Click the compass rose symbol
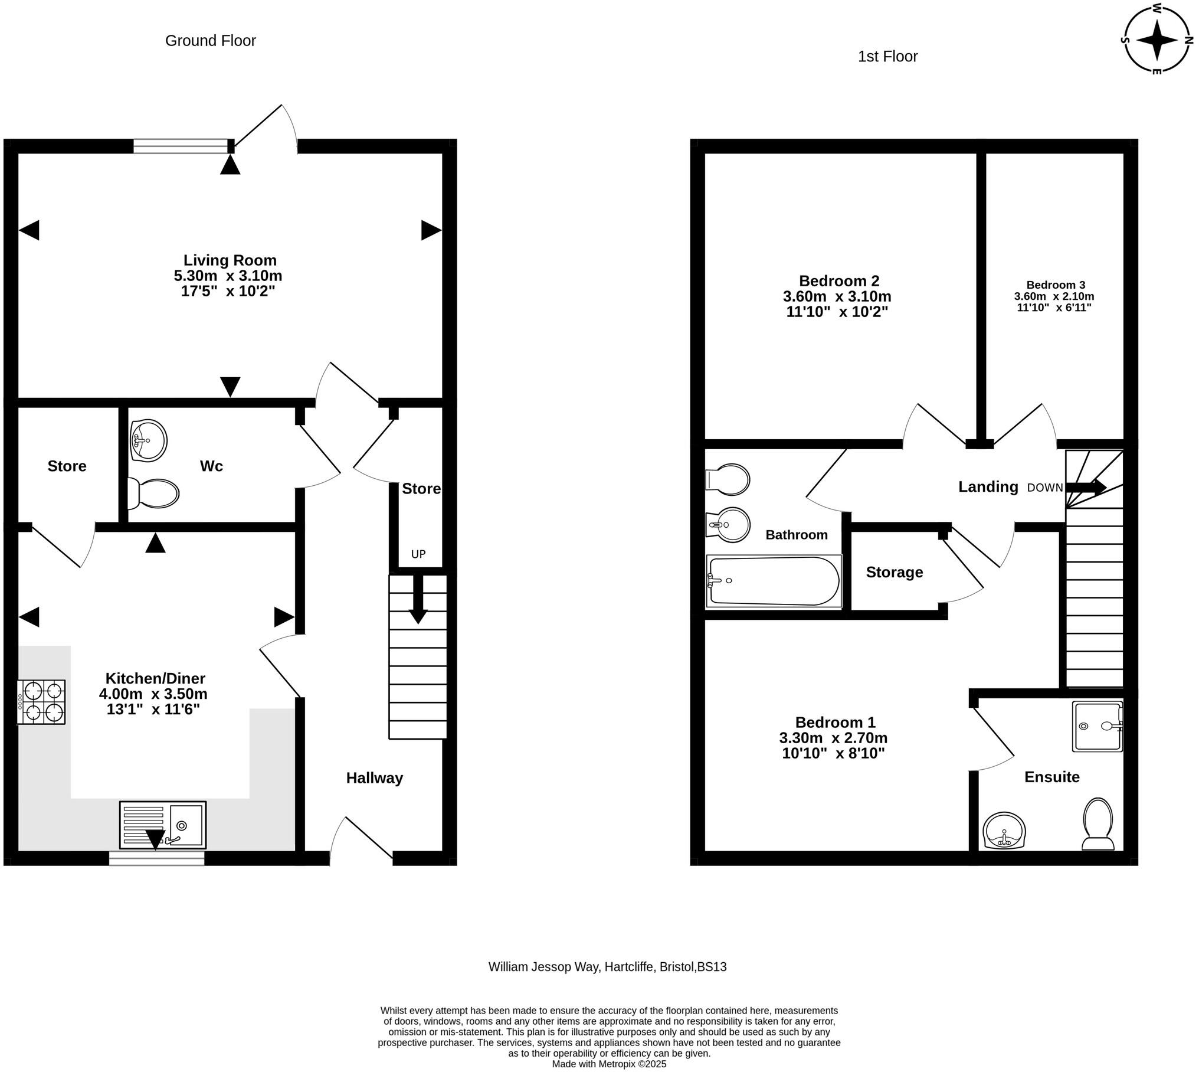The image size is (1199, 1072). tap(1157, 40)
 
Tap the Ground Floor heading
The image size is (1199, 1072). tap(210, 41)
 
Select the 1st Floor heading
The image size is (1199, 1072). tap(887, 57)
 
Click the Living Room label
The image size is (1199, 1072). tap(230, 260)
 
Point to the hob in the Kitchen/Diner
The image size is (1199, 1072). tap(41, 702)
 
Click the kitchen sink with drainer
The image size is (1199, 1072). tap(163, 825)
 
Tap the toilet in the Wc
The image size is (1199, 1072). tap(153, 493)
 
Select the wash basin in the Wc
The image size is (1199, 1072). tap(148, 440)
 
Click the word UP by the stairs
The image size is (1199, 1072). tap(418, 554)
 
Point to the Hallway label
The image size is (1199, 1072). tap(375, 778)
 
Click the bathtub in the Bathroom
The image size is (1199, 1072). tap(774, 581)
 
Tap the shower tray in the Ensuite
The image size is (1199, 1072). tap(1098, 726)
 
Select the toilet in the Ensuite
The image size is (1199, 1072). tap(1098, 824)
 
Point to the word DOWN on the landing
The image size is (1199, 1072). tap(1045, 488)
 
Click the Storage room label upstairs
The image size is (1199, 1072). tap(895, 572)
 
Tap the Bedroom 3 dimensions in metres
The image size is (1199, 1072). tap(1054, 296)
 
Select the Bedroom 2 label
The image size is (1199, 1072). tap(839, 281)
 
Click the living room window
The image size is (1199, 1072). tap(181, 146)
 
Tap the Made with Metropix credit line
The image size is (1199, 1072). tap(609, 1064)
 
